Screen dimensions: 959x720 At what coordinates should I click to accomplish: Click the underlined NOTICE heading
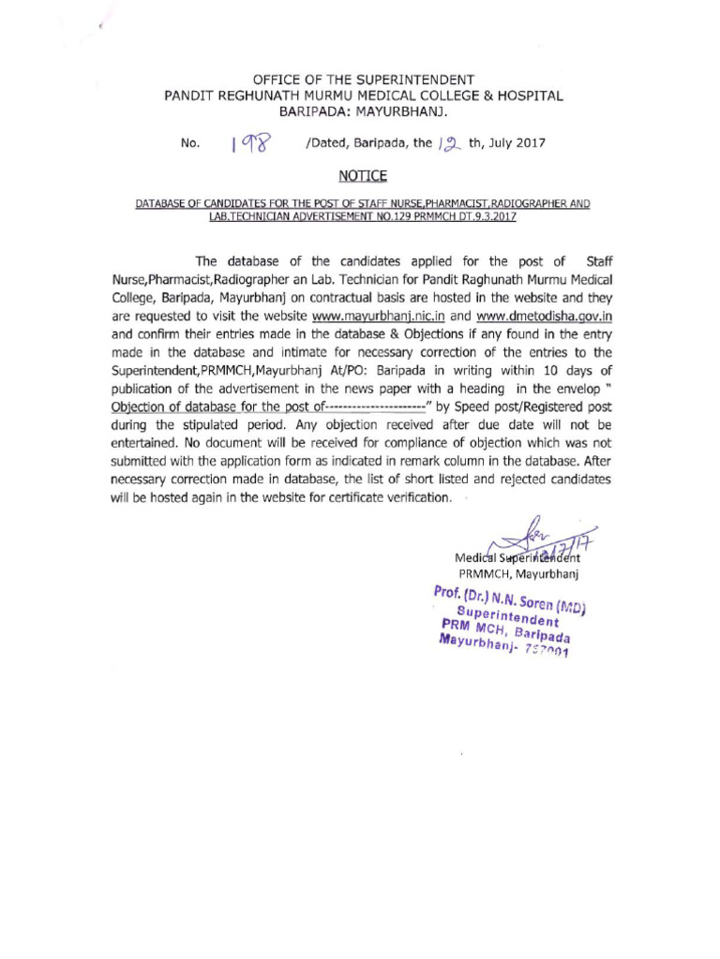coord(361,175)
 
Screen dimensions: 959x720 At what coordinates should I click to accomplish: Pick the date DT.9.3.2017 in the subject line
coord(477,217)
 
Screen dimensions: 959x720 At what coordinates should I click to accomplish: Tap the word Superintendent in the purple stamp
coord(507,615)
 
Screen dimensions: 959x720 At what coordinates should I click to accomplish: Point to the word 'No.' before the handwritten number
coord(190,144)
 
